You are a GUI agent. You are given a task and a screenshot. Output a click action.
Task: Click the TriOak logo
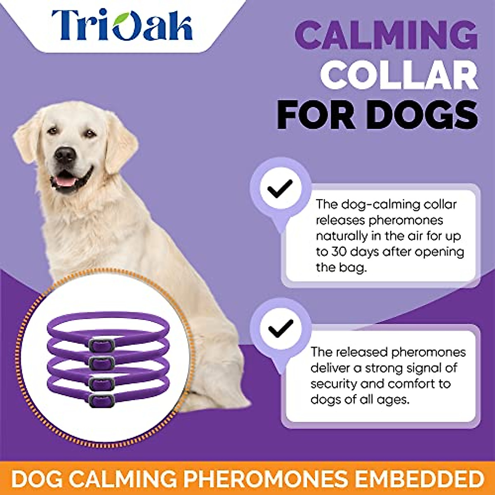(x=122, y=26)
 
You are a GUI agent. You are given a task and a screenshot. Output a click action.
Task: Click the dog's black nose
(x=65, y=154)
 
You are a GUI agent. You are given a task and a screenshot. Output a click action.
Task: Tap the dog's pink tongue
(x=66, y=181)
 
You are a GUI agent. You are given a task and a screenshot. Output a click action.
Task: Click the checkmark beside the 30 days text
(x=280, y=188)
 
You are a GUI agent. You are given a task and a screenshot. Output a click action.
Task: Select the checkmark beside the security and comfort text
(x=280, y=328)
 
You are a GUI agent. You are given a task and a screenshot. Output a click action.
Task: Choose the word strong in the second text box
(x=382, y=368)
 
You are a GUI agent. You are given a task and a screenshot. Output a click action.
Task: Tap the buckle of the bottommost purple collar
(x=101, y=399)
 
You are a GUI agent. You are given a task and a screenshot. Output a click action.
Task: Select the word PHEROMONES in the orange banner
(x=266, y=479)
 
